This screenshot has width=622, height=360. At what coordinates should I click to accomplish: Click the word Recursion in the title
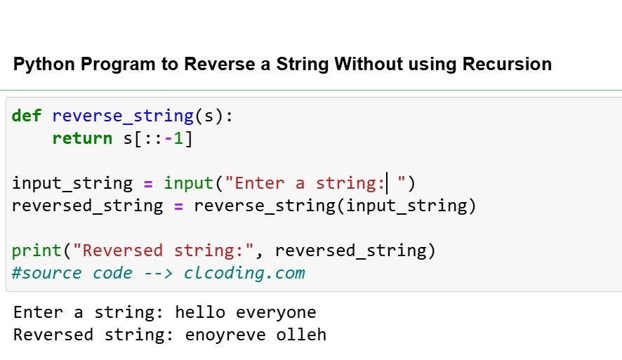click(507, 65)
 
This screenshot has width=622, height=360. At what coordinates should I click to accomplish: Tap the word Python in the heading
click(44, 65)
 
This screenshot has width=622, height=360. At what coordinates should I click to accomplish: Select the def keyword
click(27, 116)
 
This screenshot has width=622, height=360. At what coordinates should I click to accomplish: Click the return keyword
click(82, 138)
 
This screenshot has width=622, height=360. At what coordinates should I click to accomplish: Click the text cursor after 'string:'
click(388, 184)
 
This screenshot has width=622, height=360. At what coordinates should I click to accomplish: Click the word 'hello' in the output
click(200, 312)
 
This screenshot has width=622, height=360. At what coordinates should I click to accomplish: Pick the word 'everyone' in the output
click(276, 312)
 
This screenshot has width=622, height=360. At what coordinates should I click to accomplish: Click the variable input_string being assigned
click(72, 184)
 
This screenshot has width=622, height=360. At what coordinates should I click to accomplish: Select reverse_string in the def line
click(122, 116)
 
